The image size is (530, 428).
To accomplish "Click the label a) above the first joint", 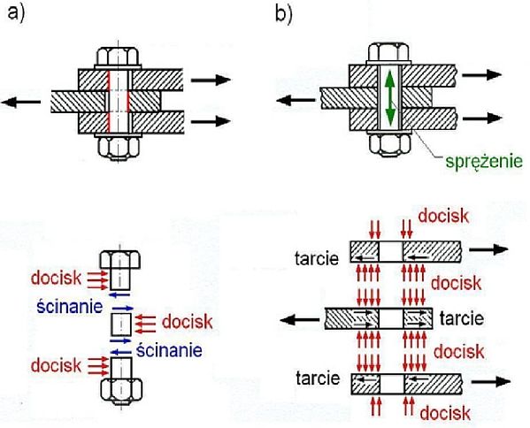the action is (x=16, y=14).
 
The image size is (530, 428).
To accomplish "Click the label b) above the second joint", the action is (x=284, y=14).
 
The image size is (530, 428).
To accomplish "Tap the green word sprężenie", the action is (x=484, y=162).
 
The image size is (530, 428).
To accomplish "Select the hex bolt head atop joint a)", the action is (x=118, y=57).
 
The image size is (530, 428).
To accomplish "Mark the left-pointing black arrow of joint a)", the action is (x=21, y=102).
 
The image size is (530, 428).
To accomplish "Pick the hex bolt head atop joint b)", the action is (x=389, y=52).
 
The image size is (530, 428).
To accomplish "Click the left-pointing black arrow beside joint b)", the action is (x=296, y=100).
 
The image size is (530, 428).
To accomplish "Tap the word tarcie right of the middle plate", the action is (x=461, y=318).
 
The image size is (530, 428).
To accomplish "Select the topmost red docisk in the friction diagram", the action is (x=443, y=216).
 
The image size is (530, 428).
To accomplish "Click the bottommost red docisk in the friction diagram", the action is (x=445, y=413).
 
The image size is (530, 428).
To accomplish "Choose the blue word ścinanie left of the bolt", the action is (x=70, y=307).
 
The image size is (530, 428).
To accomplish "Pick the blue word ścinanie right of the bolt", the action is (x=169, y=350).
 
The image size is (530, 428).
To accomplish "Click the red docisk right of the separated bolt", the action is (x=187, y=322).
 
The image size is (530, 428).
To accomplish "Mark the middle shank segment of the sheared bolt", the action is (x=121, y=325).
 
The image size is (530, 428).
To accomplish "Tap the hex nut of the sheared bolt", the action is (x=121, y=390).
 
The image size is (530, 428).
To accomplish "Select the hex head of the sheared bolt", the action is (x=120, y=260).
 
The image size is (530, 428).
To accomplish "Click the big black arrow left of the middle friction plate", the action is (x=300, y=319).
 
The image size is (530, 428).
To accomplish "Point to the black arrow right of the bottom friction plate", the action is (x=491, y=382).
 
